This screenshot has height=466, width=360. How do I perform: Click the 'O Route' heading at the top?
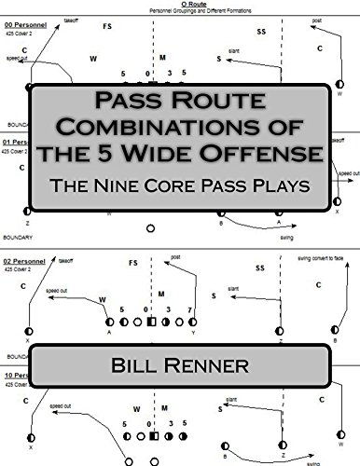pos(180,4)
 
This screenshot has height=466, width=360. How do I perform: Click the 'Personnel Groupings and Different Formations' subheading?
pos(180,10)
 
